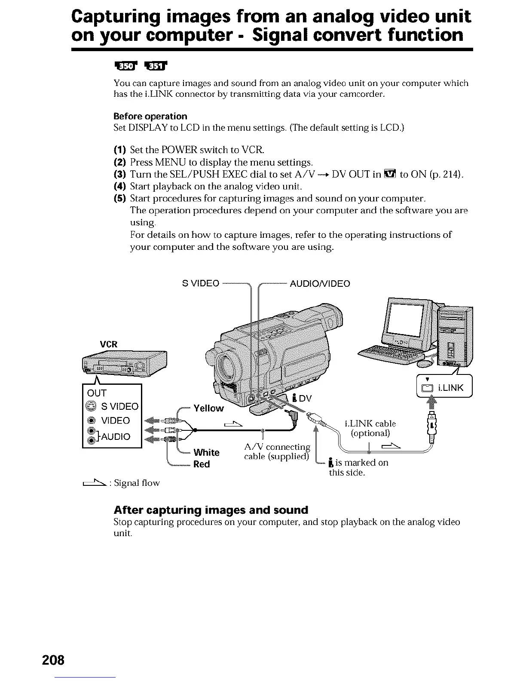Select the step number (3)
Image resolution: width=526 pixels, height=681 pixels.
tap(119, 174)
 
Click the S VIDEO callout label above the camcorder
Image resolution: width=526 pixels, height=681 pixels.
tap(201, 284)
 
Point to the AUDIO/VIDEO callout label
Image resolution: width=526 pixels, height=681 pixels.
tap(320, 284)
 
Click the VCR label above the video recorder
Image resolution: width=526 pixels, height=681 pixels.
tap(109, 344)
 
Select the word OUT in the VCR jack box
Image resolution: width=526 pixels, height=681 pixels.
tap(97, 393)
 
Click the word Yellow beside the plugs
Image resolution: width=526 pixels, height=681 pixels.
tap(209, 408)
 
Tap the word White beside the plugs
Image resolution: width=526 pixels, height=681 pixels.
tap(206, 452)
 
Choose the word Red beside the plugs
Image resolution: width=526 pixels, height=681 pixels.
tap(202, 464)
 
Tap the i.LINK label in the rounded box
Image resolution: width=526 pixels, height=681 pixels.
tap(450, 388)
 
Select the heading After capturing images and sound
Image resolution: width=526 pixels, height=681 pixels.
tap(211, 510)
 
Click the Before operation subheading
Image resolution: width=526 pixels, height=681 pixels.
tap(150, 117)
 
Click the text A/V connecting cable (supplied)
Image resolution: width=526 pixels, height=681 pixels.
tap(277, 451)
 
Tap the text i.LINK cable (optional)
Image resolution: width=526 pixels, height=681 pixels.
tap(370, 428)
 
